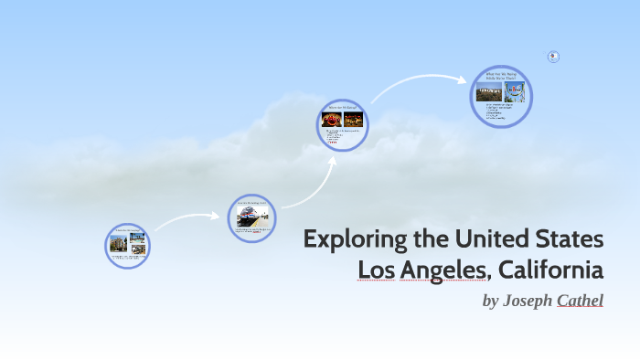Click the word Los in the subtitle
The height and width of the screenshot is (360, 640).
coord(375,270)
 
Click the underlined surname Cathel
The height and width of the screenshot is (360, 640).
coord(580,300)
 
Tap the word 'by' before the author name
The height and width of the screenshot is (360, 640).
coord(490,300)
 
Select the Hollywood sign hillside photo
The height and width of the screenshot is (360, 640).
coord(488,92)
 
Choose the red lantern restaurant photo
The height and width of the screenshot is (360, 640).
coord(332,120)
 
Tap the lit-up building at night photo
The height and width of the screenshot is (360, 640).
coord(353,120)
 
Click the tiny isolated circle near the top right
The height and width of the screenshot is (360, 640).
coord(553,57)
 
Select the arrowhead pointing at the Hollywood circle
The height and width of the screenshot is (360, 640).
coord(464,79)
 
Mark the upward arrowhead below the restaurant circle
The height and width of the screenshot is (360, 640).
coord(332,158)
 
